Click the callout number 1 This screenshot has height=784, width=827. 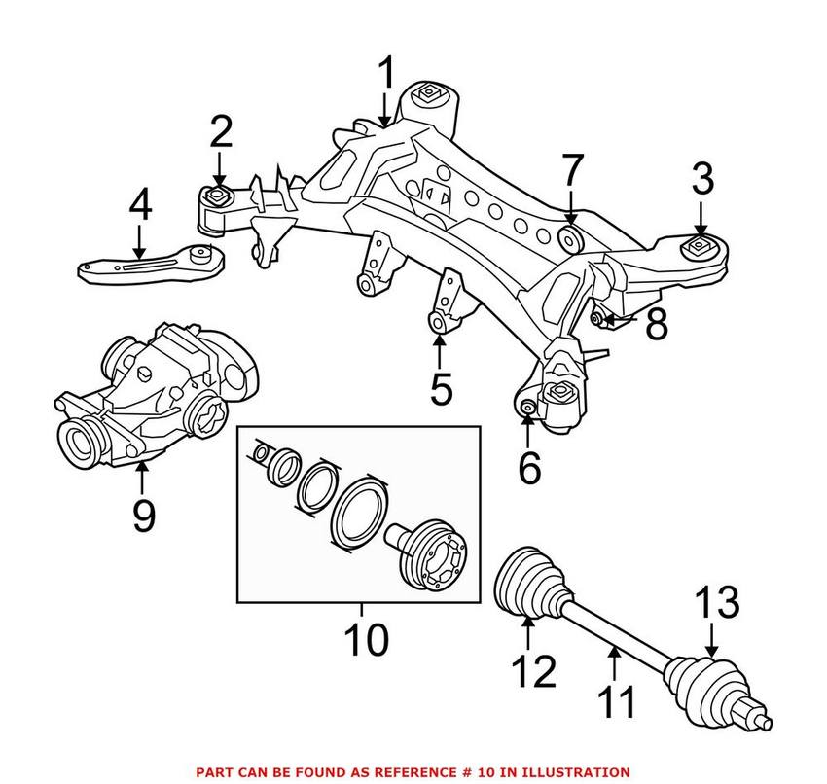387,74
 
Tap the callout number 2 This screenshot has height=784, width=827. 221,132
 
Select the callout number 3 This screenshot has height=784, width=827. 702,180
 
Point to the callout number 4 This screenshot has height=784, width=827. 140,206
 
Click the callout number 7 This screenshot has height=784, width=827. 570,173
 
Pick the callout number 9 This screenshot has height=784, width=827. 143,515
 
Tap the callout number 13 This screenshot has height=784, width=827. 715,605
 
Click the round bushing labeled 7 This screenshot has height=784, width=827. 570,238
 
